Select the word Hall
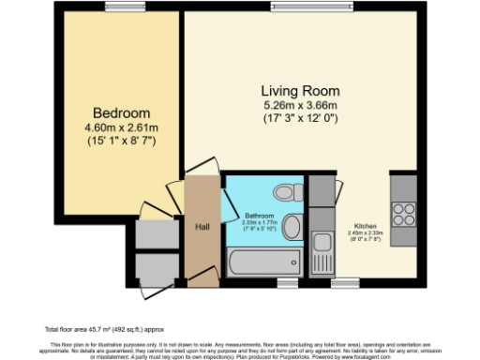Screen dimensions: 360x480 pos(202,226)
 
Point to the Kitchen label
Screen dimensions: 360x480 pos(366,226)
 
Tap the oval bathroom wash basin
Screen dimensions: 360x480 pos(292,225)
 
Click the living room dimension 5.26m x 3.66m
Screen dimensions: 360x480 pos(300,105)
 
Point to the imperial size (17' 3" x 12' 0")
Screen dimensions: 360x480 pos(300,120)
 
